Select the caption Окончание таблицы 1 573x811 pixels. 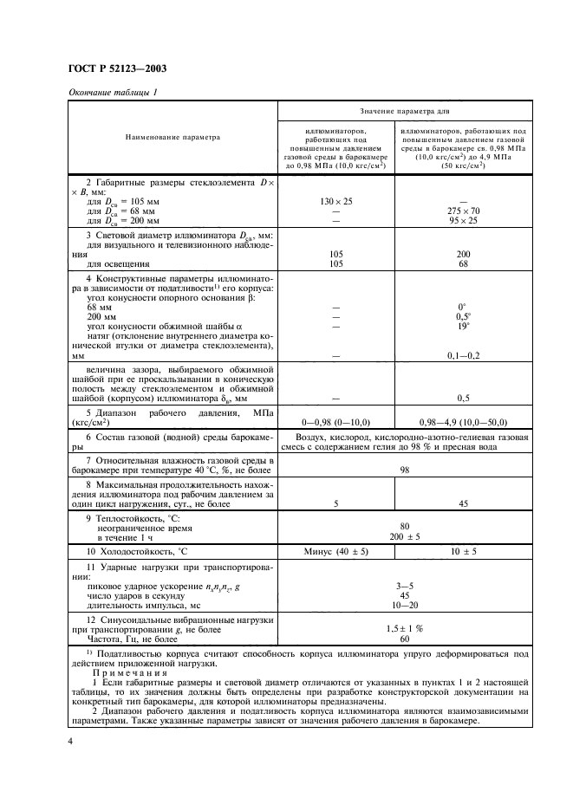coord(107,93)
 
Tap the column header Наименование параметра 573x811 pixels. coord(173,136)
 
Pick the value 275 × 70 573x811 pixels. coord(463,211)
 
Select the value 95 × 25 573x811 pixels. coord(463,220)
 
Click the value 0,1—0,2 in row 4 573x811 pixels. coord(463,355)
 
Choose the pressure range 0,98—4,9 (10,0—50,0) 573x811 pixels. coord(463,418)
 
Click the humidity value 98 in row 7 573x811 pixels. coord(404,469)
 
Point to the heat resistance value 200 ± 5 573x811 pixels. coord(404,536)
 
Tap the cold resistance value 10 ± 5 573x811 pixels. coord(463,551)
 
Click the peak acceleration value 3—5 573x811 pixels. coord(404,586)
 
